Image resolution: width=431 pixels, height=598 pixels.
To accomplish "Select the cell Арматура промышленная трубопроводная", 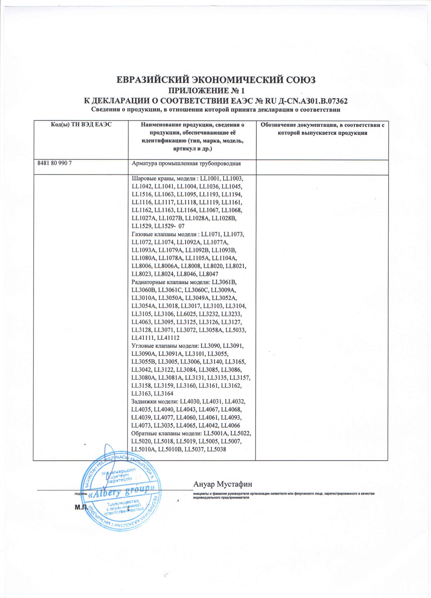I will [x=186, y=164].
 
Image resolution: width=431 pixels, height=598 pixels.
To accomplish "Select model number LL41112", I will [x=168, y=337].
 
